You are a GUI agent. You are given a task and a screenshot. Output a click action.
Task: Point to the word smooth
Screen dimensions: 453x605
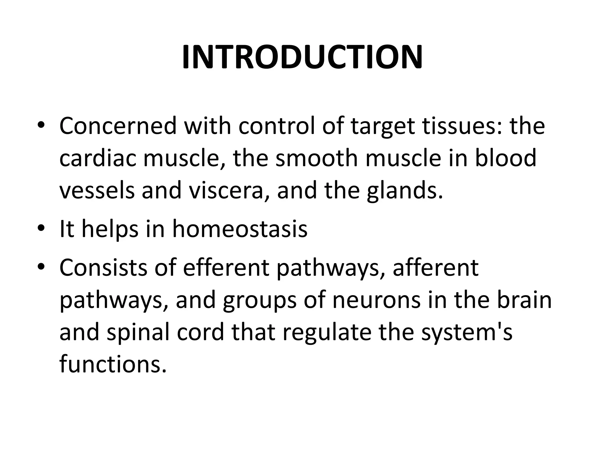coord(316,158)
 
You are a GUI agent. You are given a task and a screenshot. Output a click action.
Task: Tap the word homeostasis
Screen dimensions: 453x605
coord(240,229)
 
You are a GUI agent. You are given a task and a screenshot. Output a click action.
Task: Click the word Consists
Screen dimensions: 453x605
coord(103,267)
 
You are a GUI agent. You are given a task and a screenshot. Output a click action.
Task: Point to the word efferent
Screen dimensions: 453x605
coord(226,267)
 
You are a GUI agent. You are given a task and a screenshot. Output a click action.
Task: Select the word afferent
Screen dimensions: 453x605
coord(435,267)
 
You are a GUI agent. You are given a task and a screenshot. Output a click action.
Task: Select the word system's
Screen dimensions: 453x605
coord(466,332)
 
